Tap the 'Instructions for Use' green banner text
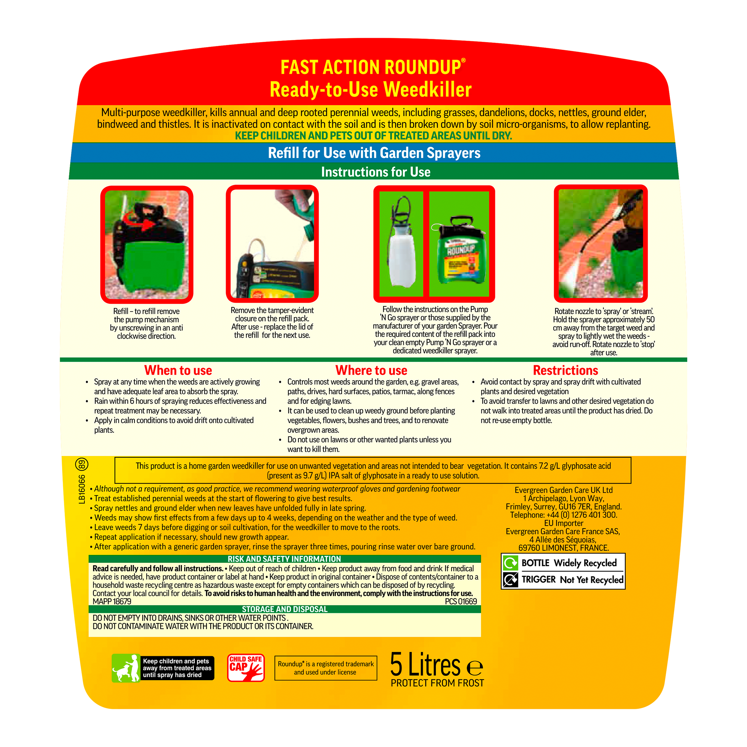(375, 172)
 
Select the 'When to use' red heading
(178, 370)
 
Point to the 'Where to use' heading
(371, 370)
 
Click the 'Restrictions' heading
(565, 370)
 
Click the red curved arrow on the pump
(143, 220)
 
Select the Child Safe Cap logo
(246, 668)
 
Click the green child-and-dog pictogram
(126, 668)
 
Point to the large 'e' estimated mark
(475, 668)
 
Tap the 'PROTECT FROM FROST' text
(437, 683)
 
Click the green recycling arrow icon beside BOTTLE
(510, 563)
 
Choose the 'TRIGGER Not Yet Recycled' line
(571, 580)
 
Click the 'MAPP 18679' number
(112, 602)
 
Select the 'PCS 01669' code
(461, 602)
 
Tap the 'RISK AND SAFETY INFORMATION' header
(284, 559)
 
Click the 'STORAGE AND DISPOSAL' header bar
(285, 609)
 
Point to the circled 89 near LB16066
(81, 464)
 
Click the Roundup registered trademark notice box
(326, 668)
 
